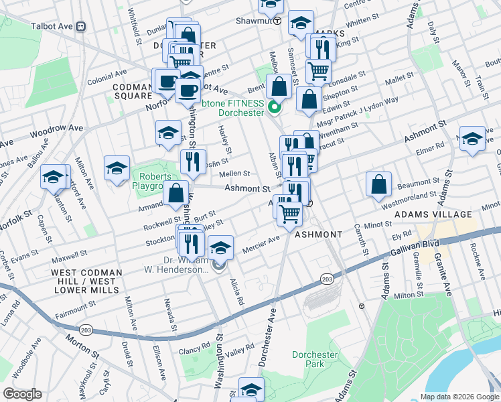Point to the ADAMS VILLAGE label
click(433, 214)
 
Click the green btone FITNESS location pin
click(274, 107)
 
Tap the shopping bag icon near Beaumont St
click(379, 185)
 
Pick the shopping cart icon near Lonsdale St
click(319, 71)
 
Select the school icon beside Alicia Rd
click(220, 248)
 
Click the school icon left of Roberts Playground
click(117, 168)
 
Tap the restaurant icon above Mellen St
click(192, 161)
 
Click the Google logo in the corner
click(22, 394)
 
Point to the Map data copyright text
click(459, 397)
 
